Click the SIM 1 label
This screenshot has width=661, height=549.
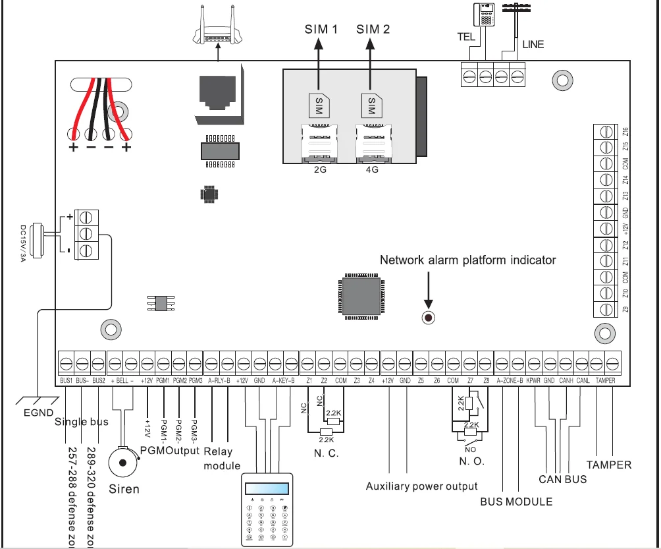coord(321,29)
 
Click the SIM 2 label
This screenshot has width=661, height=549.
coord(373,29)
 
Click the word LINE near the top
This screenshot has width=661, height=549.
coord(533,45)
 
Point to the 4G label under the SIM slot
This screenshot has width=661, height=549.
coord(371,169)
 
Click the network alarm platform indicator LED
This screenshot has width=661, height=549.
coord(428,318)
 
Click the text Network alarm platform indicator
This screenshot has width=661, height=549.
coord(467,260)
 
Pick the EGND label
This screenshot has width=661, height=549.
coord(39,414)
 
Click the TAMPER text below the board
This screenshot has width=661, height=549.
coord(609,465)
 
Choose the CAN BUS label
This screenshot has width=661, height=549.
coord(563,479)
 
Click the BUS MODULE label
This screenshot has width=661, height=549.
coord(516,502)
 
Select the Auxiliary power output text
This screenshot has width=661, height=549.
coord(421,486)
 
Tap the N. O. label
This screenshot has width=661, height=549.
coord(471,461)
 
